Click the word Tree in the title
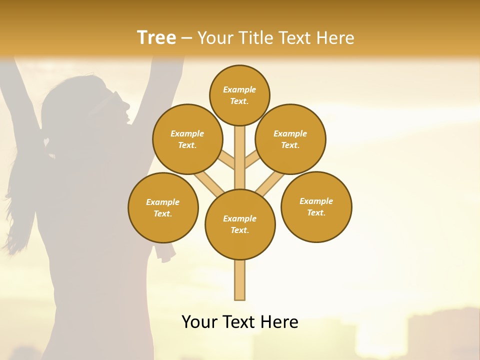point(156,38)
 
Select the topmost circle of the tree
point(239,95)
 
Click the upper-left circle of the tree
point(187,139)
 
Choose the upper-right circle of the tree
point(290,139)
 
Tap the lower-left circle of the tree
point(163,207)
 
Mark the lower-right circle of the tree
point(316,206)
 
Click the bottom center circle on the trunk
point(240,224)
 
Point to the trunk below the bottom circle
point(240,280)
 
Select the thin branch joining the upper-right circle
point(251,161)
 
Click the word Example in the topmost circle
point(239,90)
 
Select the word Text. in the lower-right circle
point(316,212)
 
